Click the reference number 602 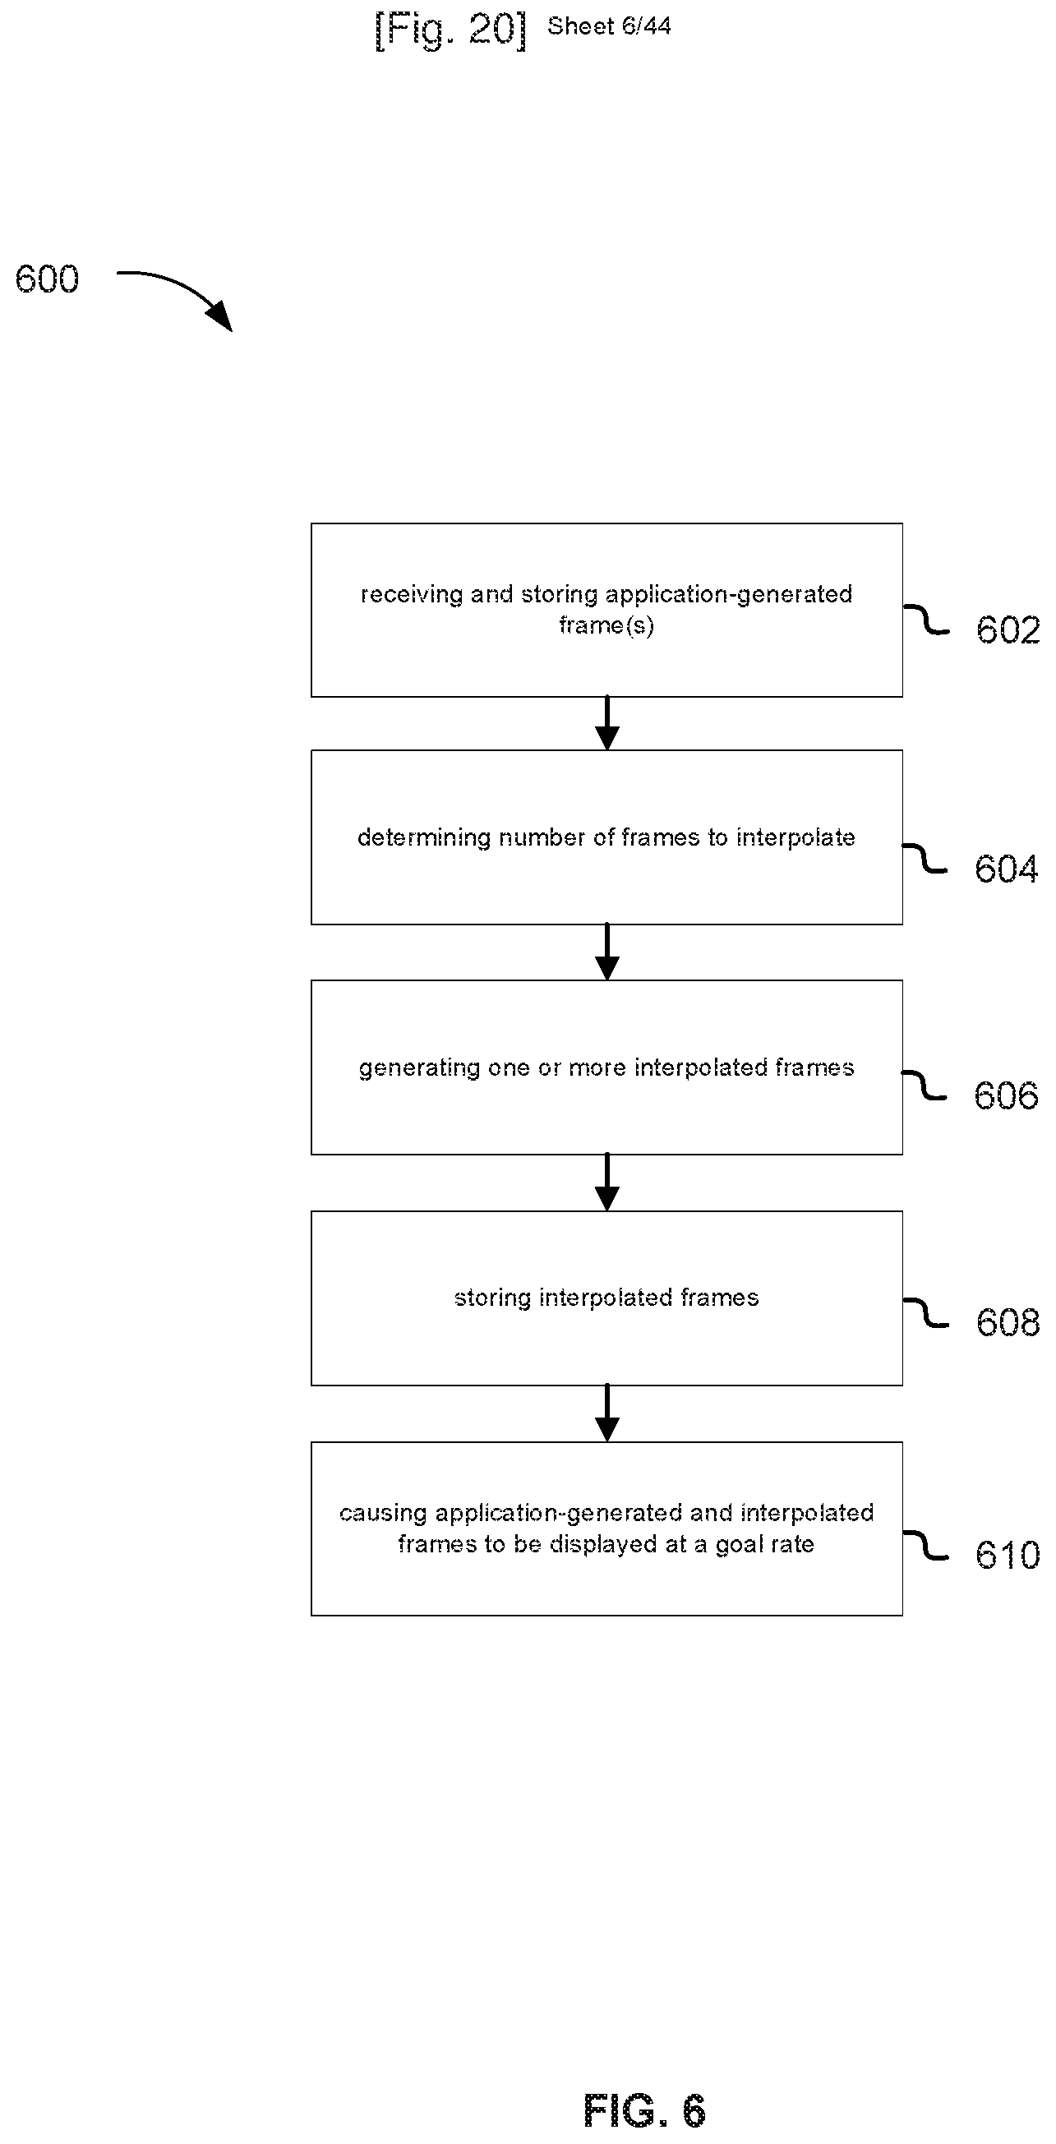1008,630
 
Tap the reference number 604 1006,869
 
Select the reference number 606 1006,1096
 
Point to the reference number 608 1008,1322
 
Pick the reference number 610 1008,1556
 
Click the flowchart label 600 48,279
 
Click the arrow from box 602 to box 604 607,723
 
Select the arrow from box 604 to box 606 607,952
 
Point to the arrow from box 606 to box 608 607,1182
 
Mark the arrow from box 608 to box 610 607,1413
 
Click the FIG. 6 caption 645,2110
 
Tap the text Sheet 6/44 609,26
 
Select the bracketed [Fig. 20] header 450,30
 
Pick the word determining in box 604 424,838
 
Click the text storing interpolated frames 606,1298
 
